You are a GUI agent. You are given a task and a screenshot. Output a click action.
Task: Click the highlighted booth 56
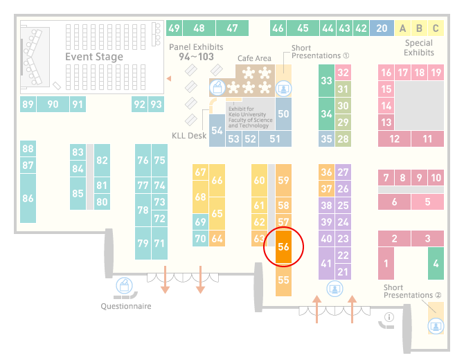click(x=283, y=246)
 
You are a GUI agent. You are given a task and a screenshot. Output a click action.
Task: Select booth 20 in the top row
click(x=382, y=28)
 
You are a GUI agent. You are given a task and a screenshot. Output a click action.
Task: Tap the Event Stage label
click(x=94, y=57)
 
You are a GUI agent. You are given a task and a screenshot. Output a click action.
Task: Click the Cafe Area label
click(x=254, y=58)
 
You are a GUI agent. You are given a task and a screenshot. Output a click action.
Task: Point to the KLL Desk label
click(x=189, y=136)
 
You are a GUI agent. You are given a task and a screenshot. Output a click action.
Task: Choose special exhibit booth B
click(x=419, y=28)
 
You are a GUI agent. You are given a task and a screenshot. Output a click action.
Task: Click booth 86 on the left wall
click(x=28, y=198)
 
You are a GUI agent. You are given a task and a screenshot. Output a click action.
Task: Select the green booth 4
click(x=436, y=263)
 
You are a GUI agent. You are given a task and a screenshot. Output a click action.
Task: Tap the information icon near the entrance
click(x=389, y=317)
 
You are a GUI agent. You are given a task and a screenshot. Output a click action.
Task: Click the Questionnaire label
click(x=126, y=306)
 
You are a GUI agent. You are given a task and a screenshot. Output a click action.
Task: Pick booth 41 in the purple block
click(x=326, y=263)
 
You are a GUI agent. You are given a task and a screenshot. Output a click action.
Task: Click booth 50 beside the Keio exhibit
click(x=283, y=114)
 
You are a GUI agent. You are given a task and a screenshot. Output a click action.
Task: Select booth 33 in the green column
click(x=326, y=80)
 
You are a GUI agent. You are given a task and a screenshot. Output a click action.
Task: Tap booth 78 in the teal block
click(x=143, y=210)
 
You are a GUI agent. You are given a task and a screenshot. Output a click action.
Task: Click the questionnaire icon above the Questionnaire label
click(x=124, y=286)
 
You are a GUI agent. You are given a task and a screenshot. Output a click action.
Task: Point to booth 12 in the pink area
click(x=395, y=138)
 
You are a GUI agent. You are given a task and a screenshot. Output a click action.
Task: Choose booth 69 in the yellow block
click(x=200, y=222)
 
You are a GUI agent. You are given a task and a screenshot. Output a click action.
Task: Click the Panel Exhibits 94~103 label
click(x=196, y=52)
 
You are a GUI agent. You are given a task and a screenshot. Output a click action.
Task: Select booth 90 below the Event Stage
click(x=53, y=104)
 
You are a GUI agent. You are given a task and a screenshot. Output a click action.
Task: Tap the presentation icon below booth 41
click(x=334, y=289)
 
